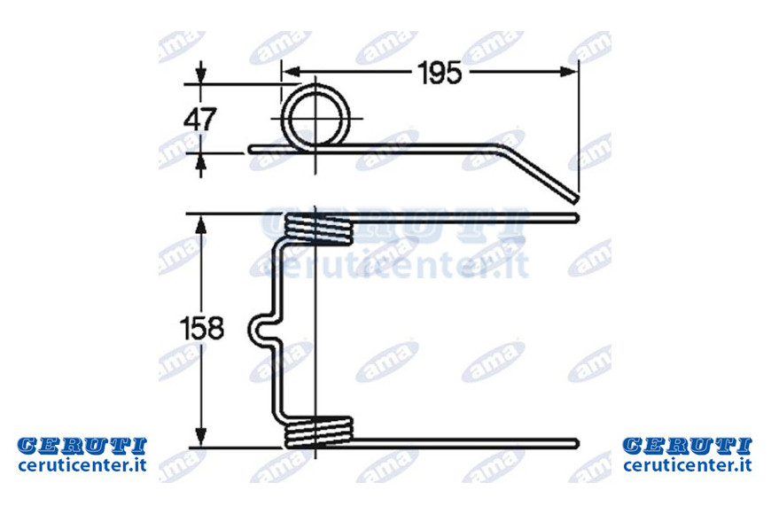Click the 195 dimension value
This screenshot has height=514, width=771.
pos(440,73)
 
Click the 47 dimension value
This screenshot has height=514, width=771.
pos(199,119)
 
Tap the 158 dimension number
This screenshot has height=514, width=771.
pos(201,329)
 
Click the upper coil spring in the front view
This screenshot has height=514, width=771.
pos(320,230)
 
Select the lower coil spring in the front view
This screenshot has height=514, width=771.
pos(320,432)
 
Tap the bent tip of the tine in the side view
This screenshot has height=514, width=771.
pos(573,198)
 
